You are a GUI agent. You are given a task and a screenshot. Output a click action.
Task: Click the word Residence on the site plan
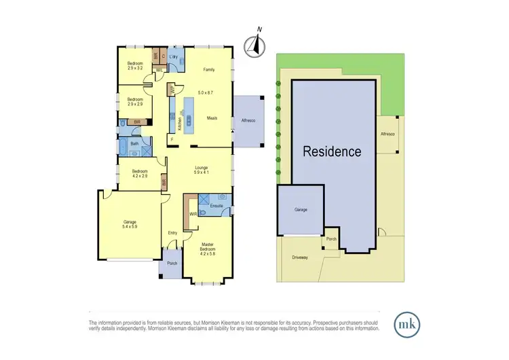click(x=332, y=151)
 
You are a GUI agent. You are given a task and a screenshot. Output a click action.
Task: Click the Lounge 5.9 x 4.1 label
click(x=201, y=170)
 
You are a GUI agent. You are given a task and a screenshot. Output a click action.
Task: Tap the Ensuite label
click(x=217, y=204)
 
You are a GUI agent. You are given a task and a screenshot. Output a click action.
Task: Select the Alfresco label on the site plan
click(x=388, y=134)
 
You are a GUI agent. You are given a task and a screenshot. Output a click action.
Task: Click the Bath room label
click(x=134, y=144)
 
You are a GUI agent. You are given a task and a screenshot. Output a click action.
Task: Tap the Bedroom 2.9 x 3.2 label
click(x=134, y=66)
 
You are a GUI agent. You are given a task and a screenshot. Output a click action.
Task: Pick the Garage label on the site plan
click(x=301, y=210)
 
